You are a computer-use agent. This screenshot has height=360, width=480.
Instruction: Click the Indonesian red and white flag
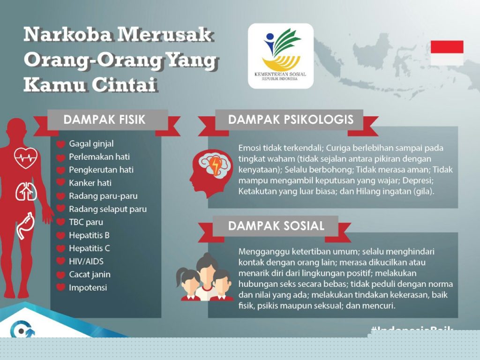tap(447, 52)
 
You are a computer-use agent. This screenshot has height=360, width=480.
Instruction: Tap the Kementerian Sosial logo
tap(280, 56)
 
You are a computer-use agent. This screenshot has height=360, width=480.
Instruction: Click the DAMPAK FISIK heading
tap(105, 120)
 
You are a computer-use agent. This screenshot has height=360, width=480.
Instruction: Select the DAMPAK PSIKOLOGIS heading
tap(291, 120)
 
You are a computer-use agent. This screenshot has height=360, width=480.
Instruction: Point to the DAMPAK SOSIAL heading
tap(276, 226)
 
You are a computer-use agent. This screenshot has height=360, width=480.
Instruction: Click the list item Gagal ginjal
tap(91, 143)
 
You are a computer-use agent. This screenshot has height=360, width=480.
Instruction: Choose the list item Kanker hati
tap(90, 183)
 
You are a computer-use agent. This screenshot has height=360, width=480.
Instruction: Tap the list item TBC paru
tap(86, 222)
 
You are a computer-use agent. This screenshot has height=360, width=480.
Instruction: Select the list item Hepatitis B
tap(89, 235)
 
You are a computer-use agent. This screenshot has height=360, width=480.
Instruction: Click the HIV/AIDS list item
tap(86, 261)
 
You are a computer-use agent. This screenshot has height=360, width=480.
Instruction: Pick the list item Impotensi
tap(88, 287)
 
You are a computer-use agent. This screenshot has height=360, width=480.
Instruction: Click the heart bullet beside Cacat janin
tap(60, 275)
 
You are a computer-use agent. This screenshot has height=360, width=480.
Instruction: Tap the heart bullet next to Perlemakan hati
tap(60, 157)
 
